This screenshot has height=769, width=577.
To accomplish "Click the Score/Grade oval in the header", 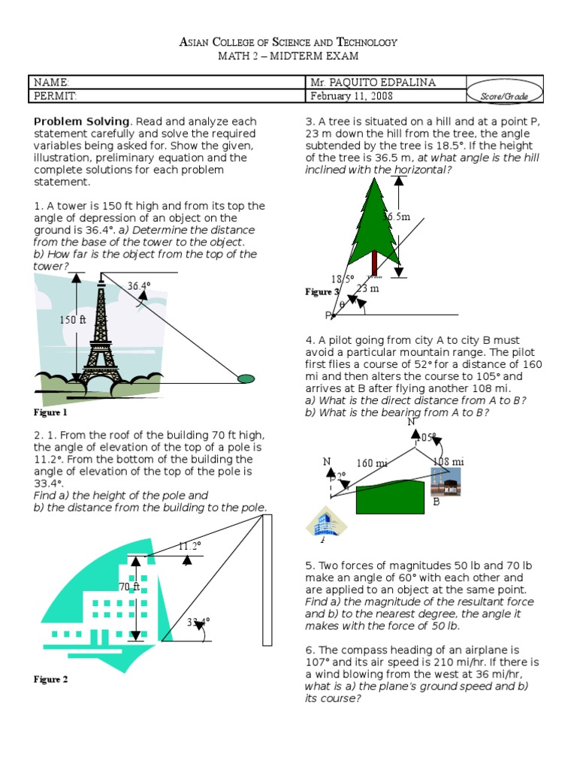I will click(506, 96).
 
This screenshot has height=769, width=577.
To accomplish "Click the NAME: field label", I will click(51, 82).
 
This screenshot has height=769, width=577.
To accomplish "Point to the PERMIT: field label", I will click(55, 96).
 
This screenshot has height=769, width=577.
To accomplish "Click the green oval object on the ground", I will click(246, 378).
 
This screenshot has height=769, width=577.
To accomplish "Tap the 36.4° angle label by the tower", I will click(139, 286).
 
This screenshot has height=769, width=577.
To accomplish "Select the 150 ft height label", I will click(74, 320).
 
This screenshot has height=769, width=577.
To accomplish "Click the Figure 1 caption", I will click(50, 412).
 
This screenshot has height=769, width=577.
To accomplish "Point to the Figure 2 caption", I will click(50, 680).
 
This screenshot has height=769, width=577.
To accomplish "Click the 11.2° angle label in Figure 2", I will click(190, 546).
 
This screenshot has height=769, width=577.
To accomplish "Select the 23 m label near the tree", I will click(367, 288).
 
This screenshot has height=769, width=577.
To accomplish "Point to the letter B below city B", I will click(436, 502).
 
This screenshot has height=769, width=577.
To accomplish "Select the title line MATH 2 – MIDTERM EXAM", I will click(288, 56).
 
